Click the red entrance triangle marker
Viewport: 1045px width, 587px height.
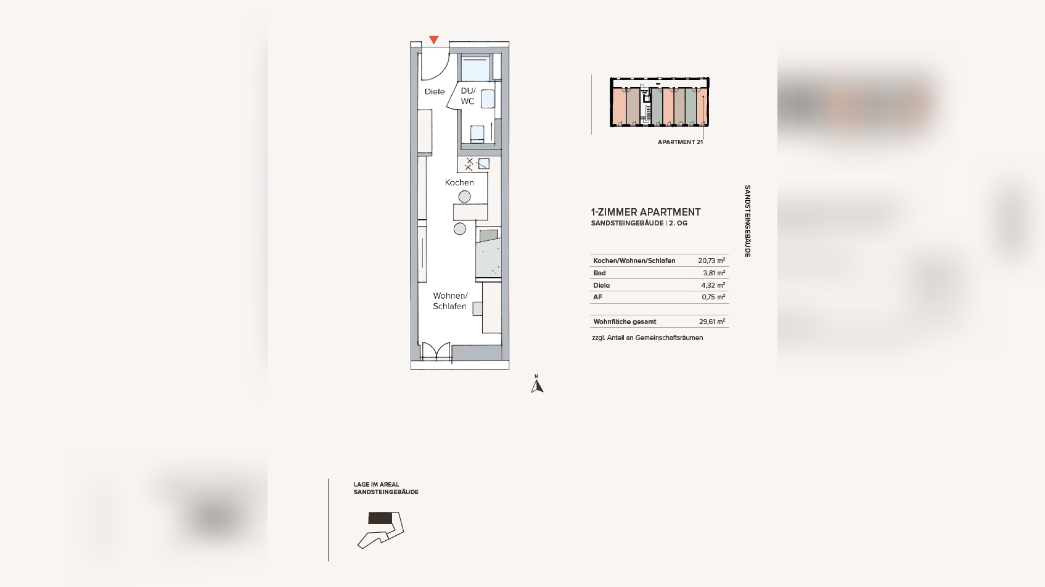coord(434,40)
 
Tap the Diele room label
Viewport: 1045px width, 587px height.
coord(434,92)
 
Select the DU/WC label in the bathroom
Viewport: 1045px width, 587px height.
coord(468,96)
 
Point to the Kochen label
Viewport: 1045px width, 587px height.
coord(459,182)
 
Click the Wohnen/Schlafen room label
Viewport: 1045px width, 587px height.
coord(450,301)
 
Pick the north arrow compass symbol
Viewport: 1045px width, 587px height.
coord(537,384)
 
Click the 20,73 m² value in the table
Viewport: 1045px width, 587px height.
coord(711,261)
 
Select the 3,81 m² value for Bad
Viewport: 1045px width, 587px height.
coord(715,273)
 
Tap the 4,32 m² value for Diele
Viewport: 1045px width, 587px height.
coord(713,285)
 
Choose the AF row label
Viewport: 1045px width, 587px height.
coord(597,297)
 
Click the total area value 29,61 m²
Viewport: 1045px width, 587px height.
coord(712,322)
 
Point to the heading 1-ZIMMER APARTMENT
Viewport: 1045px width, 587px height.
coord(645,212)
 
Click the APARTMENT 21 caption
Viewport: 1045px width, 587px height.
coord(680,142)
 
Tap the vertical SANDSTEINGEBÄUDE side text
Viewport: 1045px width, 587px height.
coord(747,221)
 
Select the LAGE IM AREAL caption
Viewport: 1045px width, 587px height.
coord(377,484)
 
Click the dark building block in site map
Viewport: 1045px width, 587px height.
coord(380,518)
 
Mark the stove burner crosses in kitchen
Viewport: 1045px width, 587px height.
coord(469,164)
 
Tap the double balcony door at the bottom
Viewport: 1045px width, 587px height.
coord(436,352)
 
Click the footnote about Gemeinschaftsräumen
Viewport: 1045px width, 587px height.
coord(647,338)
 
